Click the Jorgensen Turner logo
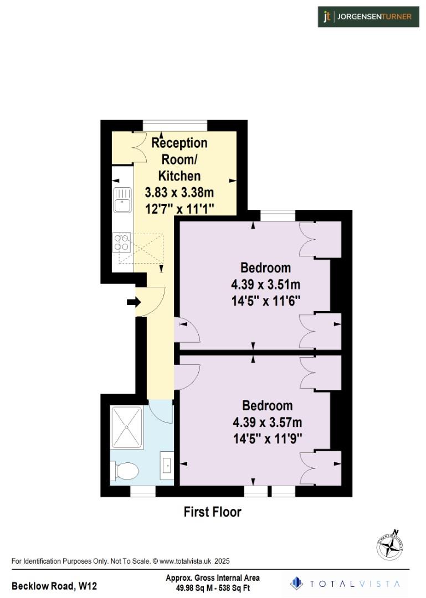[x=367, y=17]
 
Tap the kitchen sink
[x=122, y=199]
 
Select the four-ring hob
[x=122, y=242]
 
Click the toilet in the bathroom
[x=126, y=471]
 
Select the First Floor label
[x=212, y=512]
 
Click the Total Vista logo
[x=347, y=584]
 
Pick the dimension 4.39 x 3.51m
[x=265, y=285]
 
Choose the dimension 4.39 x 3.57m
[x=268, y=422]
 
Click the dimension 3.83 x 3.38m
[x=179, y=193]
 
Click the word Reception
[x=179, y=143]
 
